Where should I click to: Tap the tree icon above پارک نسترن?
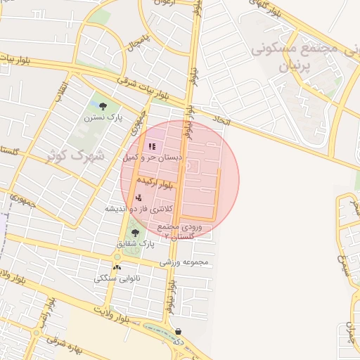coord(104,106)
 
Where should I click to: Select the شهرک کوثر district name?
coord(76,155)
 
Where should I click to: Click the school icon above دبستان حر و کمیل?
coord(152,147)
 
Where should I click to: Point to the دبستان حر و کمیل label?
coord(153,158)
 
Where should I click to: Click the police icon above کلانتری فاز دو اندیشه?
coord(139,198)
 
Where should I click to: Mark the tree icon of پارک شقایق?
coord(135,232)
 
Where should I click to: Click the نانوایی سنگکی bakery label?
coord(117,278)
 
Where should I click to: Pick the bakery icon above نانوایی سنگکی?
coord(117,267)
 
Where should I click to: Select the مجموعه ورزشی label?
coord(186,262)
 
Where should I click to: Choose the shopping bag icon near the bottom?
coord(179,330)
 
